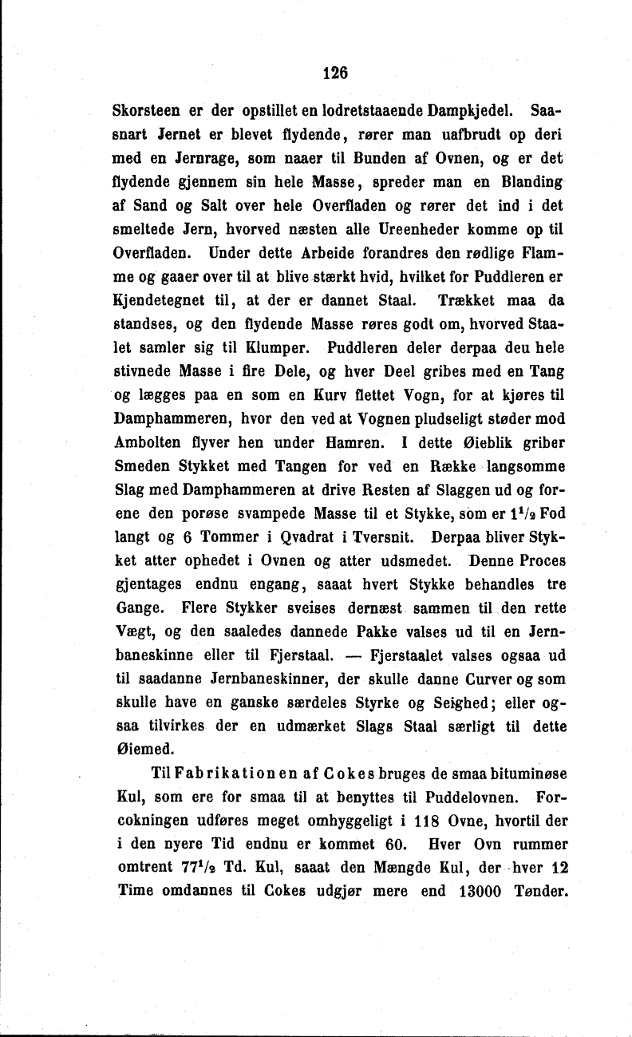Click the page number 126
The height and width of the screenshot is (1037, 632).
(x=335, y=73)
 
